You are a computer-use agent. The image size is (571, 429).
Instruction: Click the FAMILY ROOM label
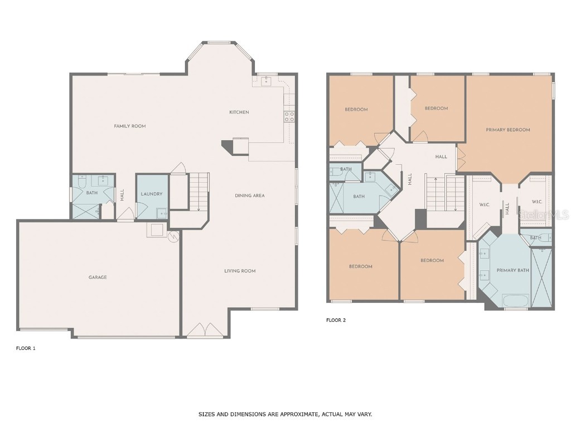pyautogui.click(x=130, y=126)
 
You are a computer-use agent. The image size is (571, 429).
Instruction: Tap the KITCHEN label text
pyautogui.click(x=239, y=112)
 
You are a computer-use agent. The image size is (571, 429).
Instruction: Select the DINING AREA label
pyautogui.click(x=249, y=196)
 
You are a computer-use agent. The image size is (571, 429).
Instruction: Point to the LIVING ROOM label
pyautogui.click(x=240, y=271)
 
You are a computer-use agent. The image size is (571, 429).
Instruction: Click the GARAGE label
pyautogui.click(x=98, y=277)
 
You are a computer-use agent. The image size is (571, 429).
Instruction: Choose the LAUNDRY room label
pyautogui.click(x=152, y=194)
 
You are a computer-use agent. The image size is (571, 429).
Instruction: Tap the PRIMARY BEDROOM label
pyautogui.click(x=507, y=130)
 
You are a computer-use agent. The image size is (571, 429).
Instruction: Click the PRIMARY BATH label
pyautogui.click(x=512, y=270)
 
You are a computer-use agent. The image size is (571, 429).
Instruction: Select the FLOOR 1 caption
pyautogui.click(x=26, y=348)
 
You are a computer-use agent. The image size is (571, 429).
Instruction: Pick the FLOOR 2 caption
pyautogui.click(x=336, y=320)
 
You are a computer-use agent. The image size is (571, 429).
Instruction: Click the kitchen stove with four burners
pyautogui.click(x=289, y=117)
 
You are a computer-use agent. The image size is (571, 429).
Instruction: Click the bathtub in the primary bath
pyautogui.click(x=516, y=301)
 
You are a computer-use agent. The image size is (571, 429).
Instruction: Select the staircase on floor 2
pyautogui.click(x=445, y=194)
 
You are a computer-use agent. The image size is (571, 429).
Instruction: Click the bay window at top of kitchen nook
pyautogui.click(x=219, y=42)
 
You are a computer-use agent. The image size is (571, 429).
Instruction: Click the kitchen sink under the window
pyautogui.click(x=266, y=82)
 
